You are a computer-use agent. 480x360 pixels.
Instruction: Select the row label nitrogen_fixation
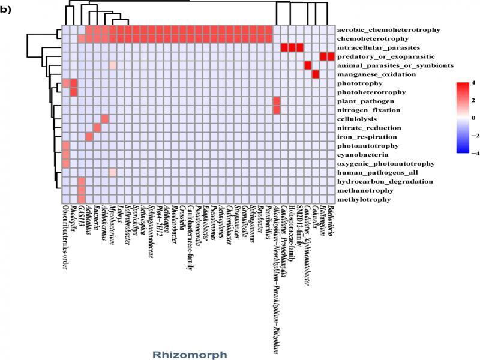coord(368,110)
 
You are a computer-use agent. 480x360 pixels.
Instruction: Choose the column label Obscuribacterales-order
coord(65,246)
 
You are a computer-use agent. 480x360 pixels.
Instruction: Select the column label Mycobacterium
coord(112,224)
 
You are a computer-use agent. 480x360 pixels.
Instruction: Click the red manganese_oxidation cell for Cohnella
coord(315,74)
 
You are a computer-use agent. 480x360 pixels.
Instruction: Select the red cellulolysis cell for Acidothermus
coord(104,119)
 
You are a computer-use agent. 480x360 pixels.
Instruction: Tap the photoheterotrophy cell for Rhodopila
coord(73,92)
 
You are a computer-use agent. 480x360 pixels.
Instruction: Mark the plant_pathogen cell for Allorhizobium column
coord(276,101)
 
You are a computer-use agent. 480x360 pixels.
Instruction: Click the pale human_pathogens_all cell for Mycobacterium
coord(112,172)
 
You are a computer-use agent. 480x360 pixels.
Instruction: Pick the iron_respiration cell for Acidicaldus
coord(89,137)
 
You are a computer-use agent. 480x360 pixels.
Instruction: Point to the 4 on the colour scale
coord(472,82)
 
